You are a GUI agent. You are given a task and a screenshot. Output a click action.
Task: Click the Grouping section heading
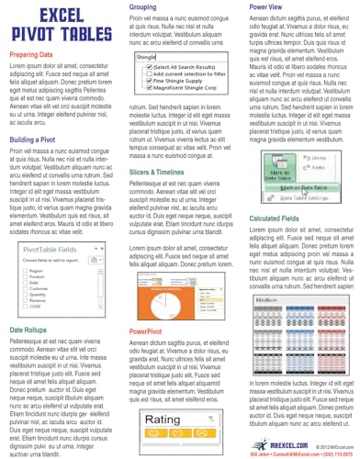149,7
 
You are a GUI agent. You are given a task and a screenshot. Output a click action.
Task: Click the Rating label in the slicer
165,421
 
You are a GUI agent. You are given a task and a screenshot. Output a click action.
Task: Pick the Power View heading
270,7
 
